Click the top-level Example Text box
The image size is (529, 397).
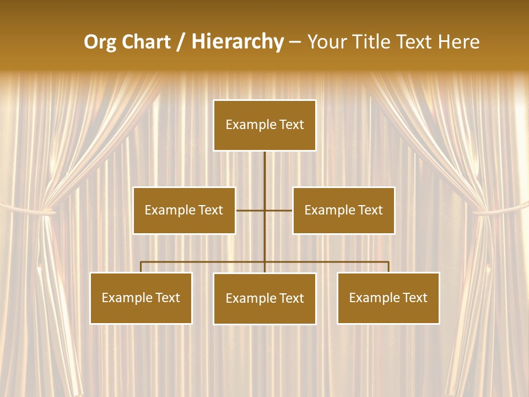[264, 125]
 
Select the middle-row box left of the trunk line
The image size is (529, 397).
[184, 210]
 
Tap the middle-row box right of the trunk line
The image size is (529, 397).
[344, 210]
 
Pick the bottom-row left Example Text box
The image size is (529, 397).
[141, 298]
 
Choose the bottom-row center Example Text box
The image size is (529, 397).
[264, 298]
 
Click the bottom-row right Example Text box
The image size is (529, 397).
[388, 298]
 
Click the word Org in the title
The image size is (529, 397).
[100, 42]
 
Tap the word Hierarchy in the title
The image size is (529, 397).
[237, 42]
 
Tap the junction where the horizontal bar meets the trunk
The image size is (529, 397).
[264, 262]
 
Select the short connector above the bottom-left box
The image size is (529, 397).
[141, 267]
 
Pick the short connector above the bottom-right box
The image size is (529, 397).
[388, 267]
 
